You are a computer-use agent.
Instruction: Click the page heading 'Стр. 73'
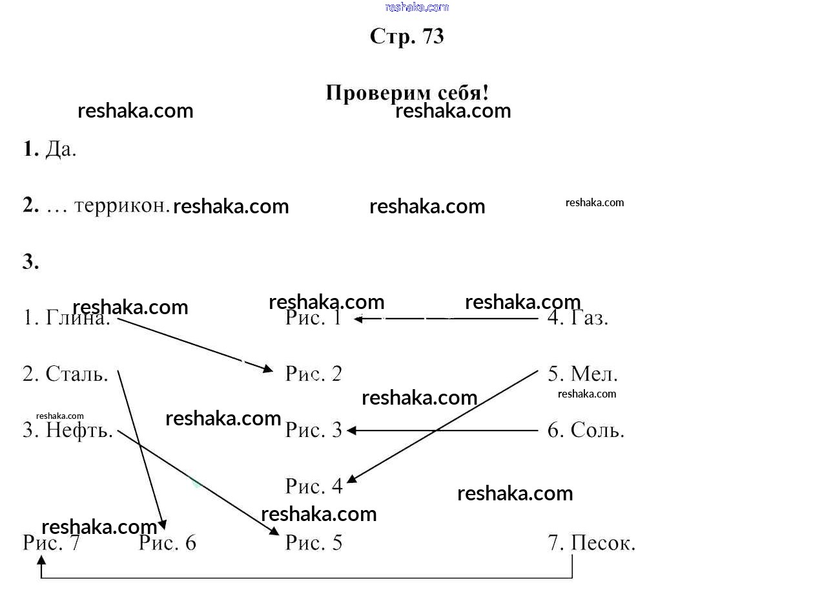(407, 36)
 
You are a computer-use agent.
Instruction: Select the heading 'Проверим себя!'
(407, 92)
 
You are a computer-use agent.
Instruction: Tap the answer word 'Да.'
(61, 149)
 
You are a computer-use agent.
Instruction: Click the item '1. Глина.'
(67, 317)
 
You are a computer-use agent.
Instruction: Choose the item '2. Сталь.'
(65, 374)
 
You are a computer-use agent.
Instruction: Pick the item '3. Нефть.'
(68, 430)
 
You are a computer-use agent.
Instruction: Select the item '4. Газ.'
(577, 317)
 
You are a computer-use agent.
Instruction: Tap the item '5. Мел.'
(582, 374)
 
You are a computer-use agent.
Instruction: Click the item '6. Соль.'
(586, 430)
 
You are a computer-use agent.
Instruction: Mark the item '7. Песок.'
(591, 542)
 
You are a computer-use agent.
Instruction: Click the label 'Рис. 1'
(313, 317)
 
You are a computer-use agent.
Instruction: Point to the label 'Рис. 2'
(314, 374)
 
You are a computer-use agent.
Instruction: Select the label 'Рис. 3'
(314, 430)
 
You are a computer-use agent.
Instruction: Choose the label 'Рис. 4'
(314, 486)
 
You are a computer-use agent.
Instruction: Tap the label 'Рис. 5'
(314, 542)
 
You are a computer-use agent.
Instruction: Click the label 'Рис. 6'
(167, 542)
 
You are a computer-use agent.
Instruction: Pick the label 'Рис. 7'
(51, 542)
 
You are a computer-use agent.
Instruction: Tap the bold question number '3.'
(31, 262)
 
